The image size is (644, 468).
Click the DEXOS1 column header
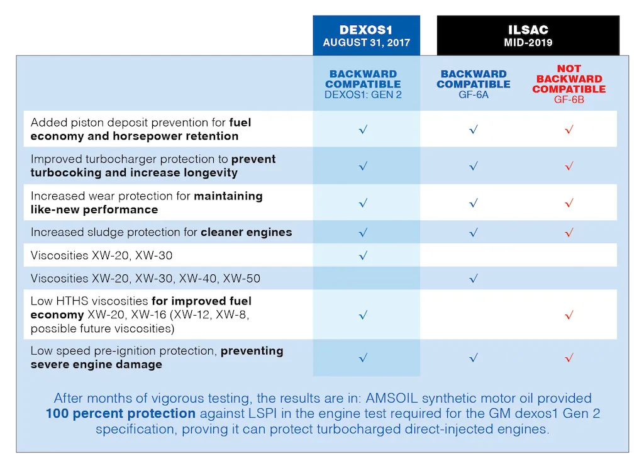click(x=366, y=36)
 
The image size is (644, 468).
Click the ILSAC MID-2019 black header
click(x=528, y=36)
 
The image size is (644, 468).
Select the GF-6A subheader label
click(x=473, y=94)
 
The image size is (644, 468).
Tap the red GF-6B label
click(x=569, y=99)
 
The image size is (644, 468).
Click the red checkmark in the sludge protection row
click(x=569, y=232)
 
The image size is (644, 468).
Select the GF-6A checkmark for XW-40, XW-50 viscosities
click(x=473, y=278)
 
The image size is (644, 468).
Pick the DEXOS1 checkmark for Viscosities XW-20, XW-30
click(x=363, y=255)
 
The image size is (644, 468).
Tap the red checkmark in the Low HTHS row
click(x=569, y=315)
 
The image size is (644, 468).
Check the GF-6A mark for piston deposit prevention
click(x=473, y=130)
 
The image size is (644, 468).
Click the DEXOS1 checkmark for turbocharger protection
click(x=363, y=166)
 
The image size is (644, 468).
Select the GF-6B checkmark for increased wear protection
click(x=569, y=203)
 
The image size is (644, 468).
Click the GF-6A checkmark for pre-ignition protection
click(x=473, y=357)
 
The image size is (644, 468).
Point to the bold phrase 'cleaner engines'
click(x=247, y=232)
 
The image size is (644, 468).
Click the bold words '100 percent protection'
click(x=121, y=413)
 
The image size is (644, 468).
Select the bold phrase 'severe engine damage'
click(x=96, y=364)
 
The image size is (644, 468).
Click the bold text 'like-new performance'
click(x=94, y=209)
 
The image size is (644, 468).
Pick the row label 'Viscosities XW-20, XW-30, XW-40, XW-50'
click(x=145, y=278)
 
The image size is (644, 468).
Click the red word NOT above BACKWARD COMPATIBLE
click(x=569, y=69)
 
